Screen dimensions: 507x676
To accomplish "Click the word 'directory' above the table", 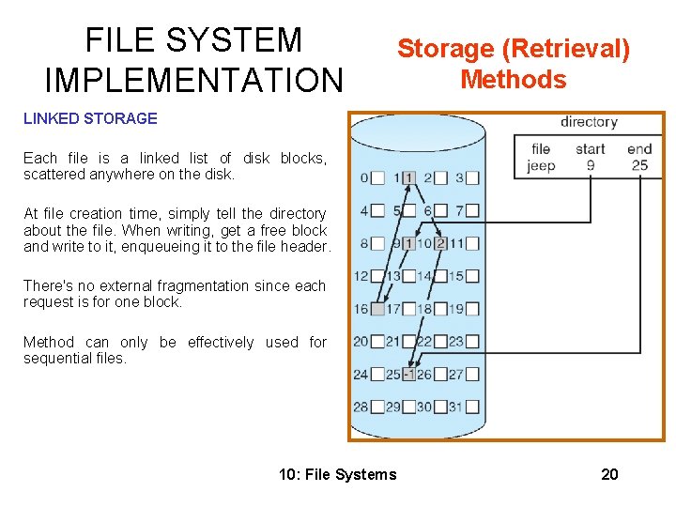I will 589,122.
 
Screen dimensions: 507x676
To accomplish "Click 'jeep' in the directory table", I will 541,166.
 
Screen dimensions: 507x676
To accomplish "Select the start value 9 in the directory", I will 590,166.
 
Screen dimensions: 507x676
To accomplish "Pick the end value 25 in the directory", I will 639,166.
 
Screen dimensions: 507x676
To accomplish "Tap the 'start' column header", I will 590,148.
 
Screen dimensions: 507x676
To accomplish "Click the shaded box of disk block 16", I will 376,309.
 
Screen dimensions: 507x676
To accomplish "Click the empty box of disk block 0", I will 376,177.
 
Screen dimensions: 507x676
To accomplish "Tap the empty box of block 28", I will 376,407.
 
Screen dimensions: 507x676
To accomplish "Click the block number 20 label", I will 361,342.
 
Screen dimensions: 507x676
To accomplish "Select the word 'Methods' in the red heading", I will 514,79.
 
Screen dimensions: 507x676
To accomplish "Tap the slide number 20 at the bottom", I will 609,474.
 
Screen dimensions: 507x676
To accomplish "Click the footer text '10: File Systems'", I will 338,474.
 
